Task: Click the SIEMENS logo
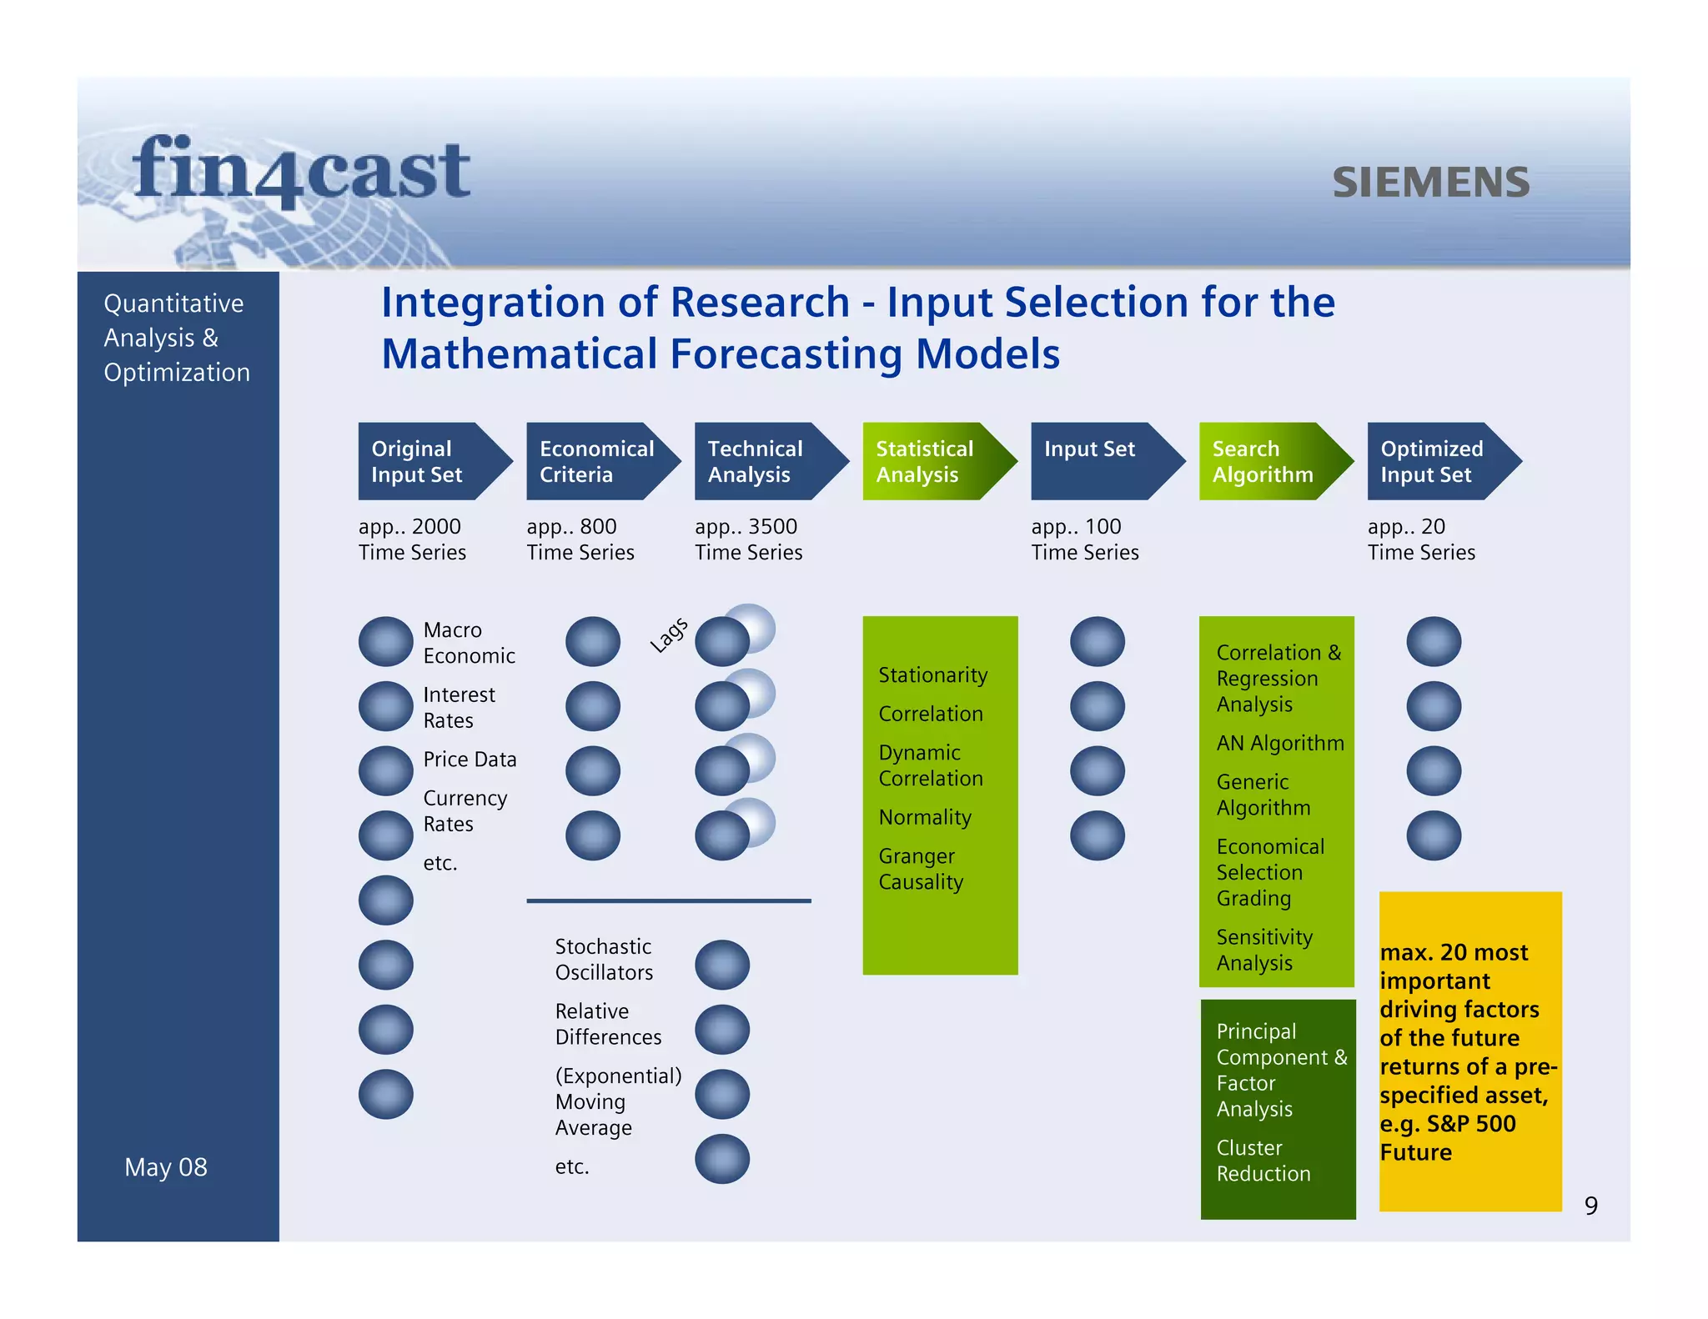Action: coord(1430,183)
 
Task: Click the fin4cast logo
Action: coord(301,171)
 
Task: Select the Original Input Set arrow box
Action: coord(424,461)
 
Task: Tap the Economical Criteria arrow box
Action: coord(594,461)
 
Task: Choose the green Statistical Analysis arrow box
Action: coord(929,461)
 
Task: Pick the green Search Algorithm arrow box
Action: coord(1266,461)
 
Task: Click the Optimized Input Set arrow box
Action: coord(1434,461)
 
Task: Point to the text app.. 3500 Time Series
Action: coord(748,539)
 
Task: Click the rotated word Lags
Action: coord(669,635)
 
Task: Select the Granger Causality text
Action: coord(921,869)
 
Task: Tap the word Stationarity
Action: coord(932,675)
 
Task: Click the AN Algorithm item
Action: coord(1279,743)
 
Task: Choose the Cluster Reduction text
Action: coord(1263,1161)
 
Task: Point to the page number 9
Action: coord(1590,1206)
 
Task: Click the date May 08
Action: coord(166,1167)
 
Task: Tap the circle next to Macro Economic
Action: coord(385,641)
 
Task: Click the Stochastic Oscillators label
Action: coord(604,960)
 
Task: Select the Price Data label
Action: coord(470,760)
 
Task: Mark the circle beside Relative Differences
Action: coord(722,1030)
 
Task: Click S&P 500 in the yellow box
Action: coord(1470,1124)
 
